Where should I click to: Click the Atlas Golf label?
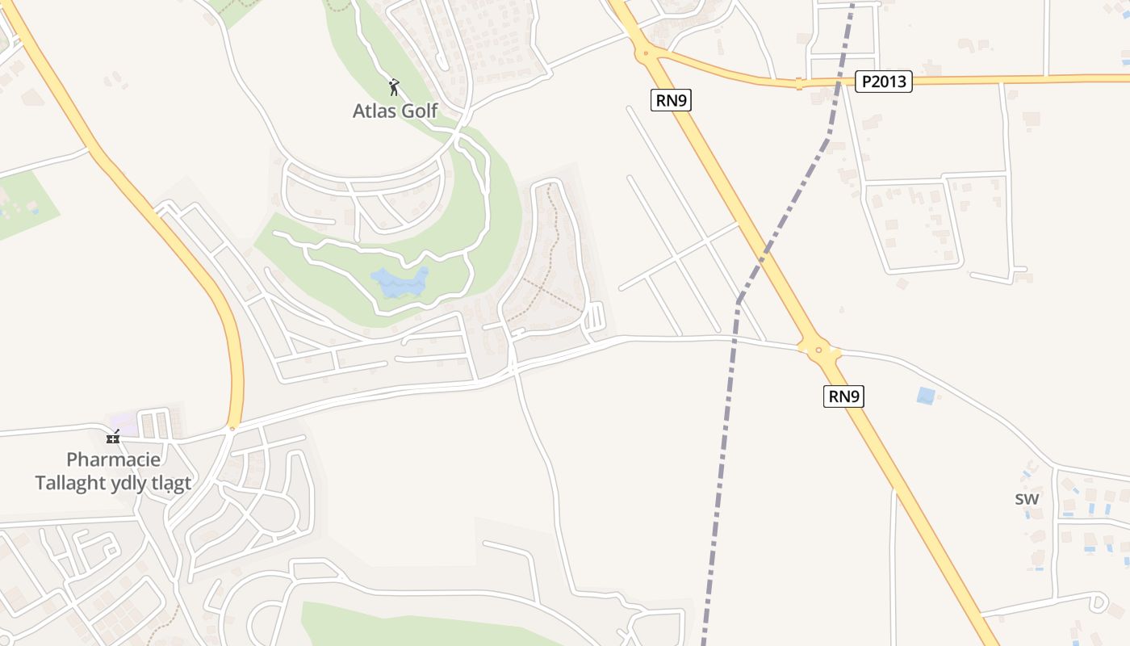point(395,110)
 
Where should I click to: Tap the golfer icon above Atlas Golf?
point(394,87)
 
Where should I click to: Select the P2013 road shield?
point(884,82)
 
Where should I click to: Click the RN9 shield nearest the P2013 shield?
point(672,100)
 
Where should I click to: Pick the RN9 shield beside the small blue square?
point(843,396)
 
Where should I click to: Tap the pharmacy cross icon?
point(113,437)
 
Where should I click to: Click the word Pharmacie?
point(113,459)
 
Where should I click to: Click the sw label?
point(1027,498)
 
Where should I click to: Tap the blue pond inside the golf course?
point(399,283)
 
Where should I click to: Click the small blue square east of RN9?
point(926,396)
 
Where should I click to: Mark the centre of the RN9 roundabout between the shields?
point(818,350)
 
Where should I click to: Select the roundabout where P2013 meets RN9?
point(646,54)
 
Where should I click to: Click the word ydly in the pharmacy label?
point(134,483)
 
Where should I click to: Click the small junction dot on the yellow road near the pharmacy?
point(232,429)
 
